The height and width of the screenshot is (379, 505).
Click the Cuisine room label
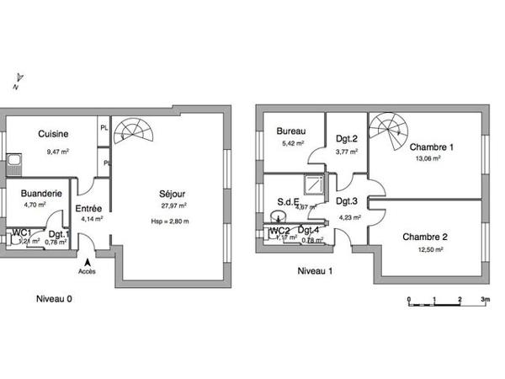pos(52,133)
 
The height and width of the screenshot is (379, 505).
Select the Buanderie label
pos(40,193)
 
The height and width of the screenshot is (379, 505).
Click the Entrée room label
pos(89,208)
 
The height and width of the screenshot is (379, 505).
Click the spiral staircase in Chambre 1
pos(388,130)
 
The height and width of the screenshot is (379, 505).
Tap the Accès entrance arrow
pos(88,261)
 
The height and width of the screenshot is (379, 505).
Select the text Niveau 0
pos(52,299)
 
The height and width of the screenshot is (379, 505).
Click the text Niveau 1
pos(316,271)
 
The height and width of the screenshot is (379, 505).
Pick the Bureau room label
pos(290,131)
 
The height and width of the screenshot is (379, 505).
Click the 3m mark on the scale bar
pos(485,300)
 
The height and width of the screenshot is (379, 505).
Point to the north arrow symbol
pos(18,80)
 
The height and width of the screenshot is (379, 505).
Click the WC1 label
pos(22,232)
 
